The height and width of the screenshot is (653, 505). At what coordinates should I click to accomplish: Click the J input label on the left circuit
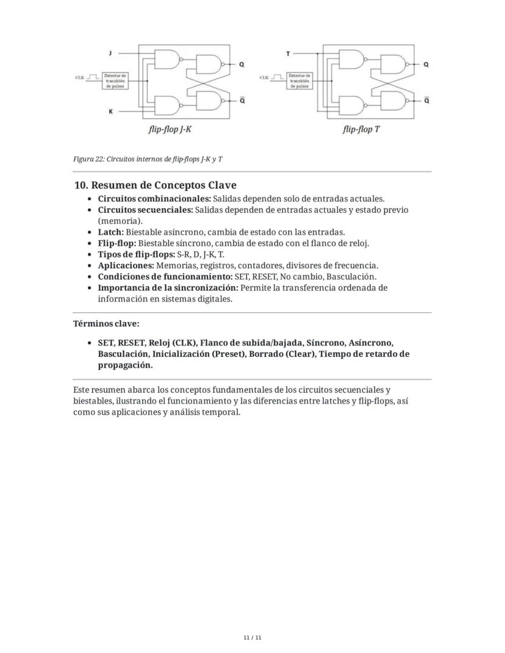(110, 54)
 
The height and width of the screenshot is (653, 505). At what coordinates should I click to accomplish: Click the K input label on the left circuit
(110, 112)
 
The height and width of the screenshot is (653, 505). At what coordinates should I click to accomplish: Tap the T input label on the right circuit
(288, 54)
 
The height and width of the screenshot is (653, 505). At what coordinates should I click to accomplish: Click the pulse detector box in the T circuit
(299, 80)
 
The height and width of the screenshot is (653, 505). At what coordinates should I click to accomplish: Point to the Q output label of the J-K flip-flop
(242, 64)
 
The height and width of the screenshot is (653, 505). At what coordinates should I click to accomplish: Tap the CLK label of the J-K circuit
(80, 78)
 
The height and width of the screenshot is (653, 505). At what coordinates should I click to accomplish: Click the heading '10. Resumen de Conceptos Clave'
(155, 185)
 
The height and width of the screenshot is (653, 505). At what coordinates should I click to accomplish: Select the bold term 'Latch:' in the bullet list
(110, 232)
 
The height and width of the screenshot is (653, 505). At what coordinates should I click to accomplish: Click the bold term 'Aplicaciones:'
(126, 265)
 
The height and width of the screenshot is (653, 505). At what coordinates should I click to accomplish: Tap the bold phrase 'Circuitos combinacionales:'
(154, 199)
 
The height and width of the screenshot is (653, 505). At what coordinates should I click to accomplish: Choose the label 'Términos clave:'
(102, 324)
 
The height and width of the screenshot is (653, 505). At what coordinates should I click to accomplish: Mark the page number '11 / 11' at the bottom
(252, 638)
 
